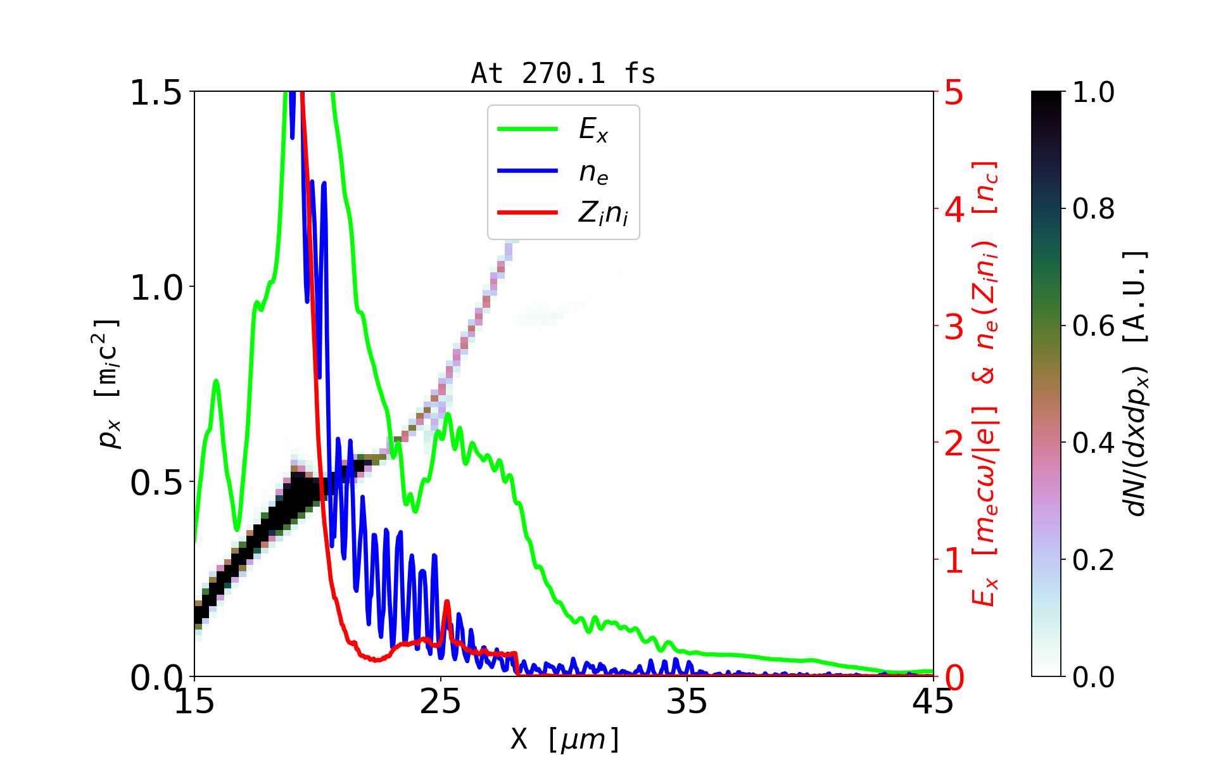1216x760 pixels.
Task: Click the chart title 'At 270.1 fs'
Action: click(x=563, y=73)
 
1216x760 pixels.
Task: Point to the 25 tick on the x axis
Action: click(x=440, y=702)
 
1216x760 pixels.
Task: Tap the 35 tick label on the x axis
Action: click(x=687, y=702)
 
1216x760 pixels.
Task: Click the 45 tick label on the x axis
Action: click(x=933, y=702)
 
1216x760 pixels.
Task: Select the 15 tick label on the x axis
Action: click(x=194, y=702)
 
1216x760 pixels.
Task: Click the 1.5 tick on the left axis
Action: click(x=156, y=92)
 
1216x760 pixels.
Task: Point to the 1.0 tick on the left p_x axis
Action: click(x=156, y=288)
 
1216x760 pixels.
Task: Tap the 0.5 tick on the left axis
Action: click(x=156, y=483)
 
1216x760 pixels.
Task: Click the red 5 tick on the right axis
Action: click(x=954, y=92)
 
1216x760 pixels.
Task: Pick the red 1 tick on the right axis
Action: click(x=954, y=560)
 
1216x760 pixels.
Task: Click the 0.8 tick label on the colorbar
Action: click(x=1093, y=208)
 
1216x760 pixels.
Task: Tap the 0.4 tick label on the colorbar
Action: click(x=1093, y=443)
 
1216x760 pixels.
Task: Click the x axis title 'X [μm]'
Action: click(x=564, y=738)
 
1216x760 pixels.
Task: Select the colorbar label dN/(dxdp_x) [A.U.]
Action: click(x=1137, y=383)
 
